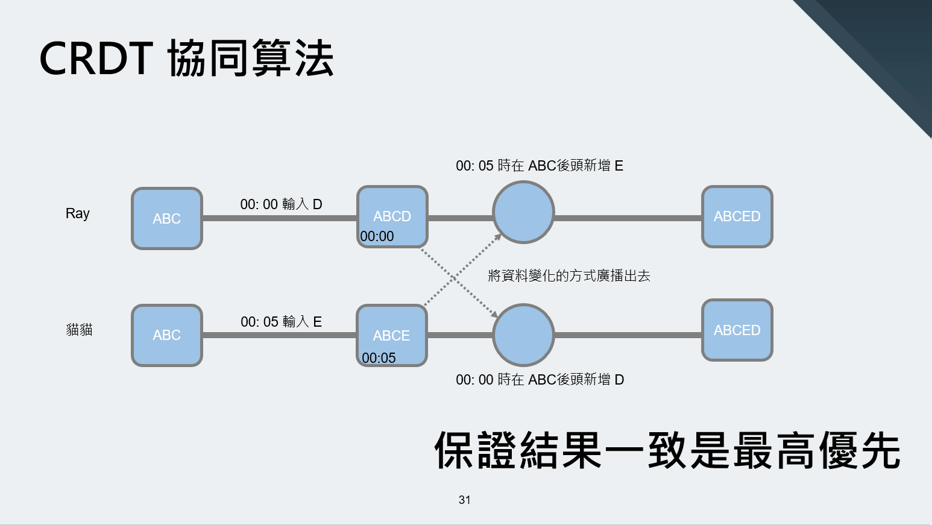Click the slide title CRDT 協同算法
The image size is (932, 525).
186,58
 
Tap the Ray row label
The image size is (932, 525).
78,213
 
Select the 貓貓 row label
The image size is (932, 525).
79,330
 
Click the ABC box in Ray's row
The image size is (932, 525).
167,218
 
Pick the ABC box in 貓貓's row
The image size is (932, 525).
167,335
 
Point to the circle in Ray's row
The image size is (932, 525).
523,212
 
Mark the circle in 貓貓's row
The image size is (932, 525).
523,335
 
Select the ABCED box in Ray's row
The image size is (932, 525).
737,216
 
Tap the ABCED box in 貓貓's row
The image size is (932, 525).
737,330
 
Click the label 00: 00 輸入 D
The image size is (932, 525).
281,204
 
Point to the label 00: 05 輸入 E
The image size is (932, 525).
281,322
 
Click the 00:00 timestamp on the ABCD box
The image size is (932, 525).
377,236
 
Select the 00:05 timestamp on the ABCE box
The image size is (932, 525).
379,358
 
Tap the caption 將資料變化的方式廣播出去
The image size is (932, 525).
568,276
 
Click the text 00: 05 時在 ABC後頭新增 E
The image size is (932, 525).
539,166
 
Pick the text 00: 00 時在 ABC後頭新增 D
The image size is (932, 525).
540,380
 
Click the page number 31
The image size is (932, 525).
464,500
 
